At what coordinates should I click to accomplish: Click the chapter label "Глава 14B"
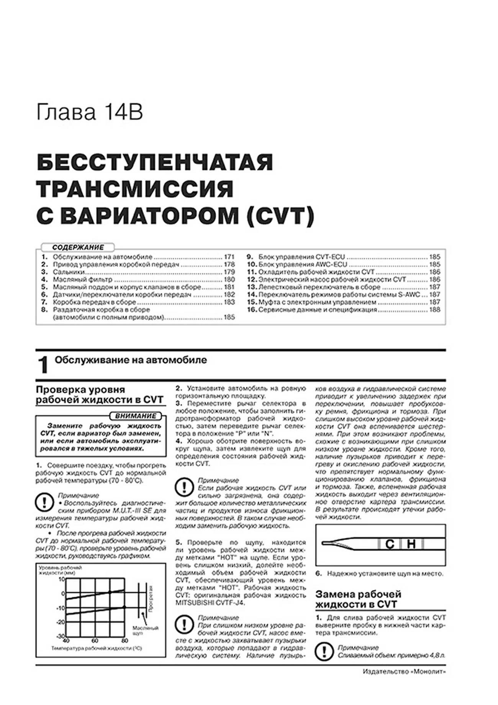[x=90, y=113]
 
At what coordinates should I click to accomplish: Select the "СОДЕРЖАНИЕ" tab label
[x=78, y=247]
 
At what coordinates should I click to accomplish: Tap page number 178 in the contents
[x=229, y=265]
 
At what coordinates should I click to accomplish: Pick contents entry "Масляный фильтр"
[x=82, y=279]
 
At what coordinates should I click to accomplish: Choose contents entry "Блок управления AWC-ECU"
[x=303, y=265]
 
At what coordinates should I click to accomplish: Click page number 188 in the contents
[x=435, y=310]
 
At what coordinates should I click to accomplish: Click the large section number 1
[x=43, y=365]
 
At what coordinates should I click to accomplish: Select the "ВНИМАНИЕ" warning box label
[x=136, y=416]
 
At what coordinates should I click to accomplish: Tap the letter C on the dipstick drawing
[x=390, y=544]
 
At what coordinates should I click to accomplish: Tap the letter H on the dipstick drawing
[x=411, y=544]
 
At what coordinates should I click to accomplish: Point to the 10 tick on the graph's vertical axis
[x=62, y=579]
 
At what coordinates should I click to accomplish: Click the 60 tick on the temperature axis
[x=95, y=641]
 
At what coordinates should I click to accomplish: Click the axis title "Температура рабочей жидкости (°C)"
[x=97, y=648]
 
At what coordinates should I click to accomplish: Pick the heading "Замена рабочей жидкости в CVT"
[x=358, y=599]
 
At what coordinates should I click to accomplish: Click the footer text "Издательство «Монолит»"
[x=404, y=672]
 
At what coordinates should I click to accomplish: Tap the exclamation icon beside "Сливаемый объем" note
[x=324, y=651]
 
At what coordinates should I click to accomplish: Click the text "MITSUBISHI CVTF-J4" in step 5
[x=210, y=603]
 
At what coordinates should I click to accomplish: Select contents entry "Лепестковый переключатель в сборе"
[x=319, y=287]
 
